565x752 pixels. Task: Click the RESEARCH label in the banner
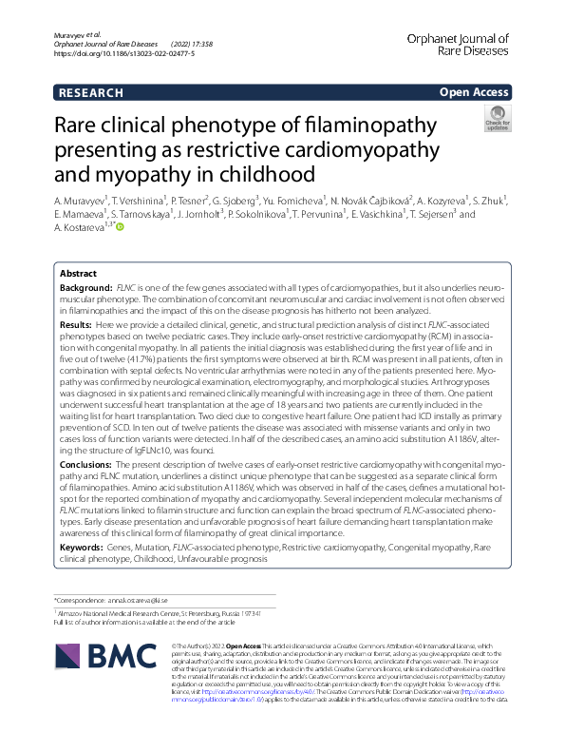point(90,92)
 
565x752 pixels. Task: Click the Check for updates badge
point(497,120)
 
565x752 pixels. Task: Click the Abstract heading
point(79,272)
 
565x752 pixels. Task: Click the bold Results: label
point(80,324)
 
